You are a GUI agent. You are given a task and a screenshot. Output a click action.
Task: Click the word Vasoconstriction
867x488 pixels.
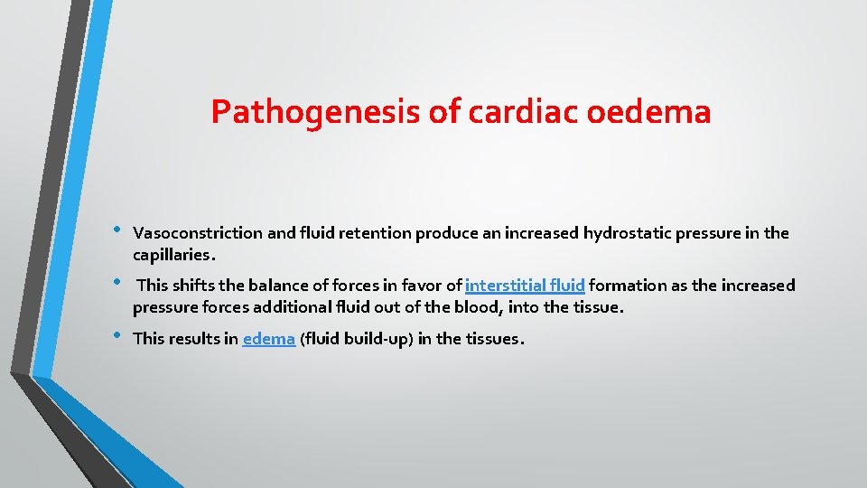pos(199,233)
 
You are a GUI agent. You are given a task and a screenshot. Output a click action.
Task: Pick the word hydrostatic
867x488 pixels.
pos(625,233)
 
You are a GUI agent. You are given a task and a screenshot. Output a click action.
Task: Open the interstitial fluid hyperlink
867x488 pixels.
pos(525,286)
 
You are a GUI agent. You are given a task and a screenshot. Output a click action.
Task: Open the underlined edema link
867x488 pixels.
pos(269,339)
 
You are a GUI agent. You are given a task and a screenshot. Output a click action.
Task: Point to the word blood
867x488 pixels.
pos(480,307)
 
